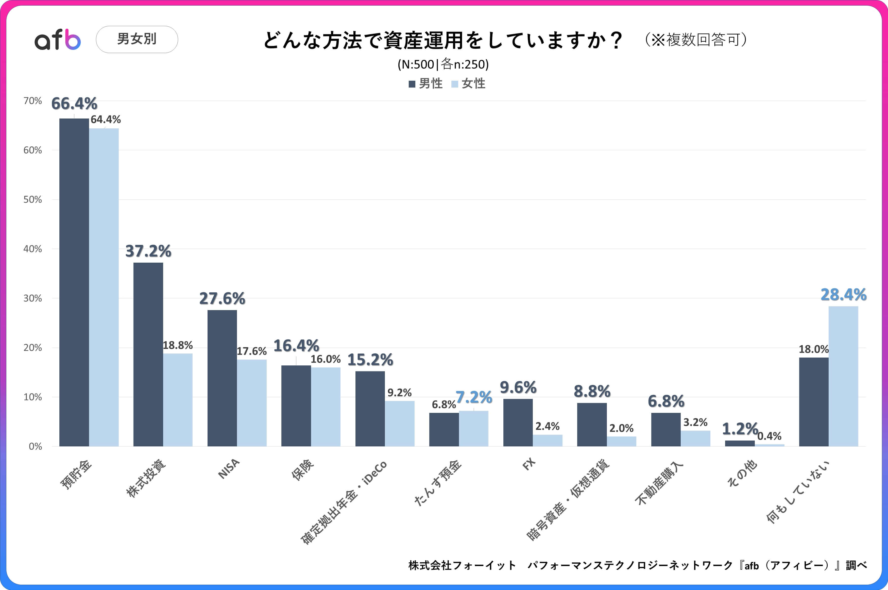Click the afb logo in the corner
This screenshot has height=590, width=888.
pos(58,40)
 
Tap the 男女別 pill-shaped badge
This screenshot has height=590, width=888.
pos(137,39)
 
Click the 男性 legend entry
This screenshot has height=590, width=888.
pos(426,83)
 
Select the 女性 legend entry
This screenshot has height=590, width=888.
pos(469,83)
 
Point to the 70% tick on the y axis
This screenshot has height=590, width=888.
pos(33,101)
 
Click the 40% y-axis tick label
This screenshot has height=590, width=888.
pos(33,249)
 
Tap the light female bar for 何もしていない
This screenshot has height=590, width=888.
pos(843,376)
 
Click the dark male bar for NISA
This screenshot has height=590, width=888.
pos(222,378)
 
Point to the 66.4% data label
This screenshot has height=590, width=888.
pos(74,104)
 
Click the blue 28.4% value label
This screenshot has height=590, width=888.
pos(843,295)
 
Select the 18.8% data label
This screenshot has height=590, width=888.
pos(178,345)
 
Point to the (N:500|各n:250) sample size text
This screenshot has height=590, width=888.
pos(443,64)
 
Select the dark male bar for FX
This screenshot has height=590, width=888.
pos(518,422)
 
